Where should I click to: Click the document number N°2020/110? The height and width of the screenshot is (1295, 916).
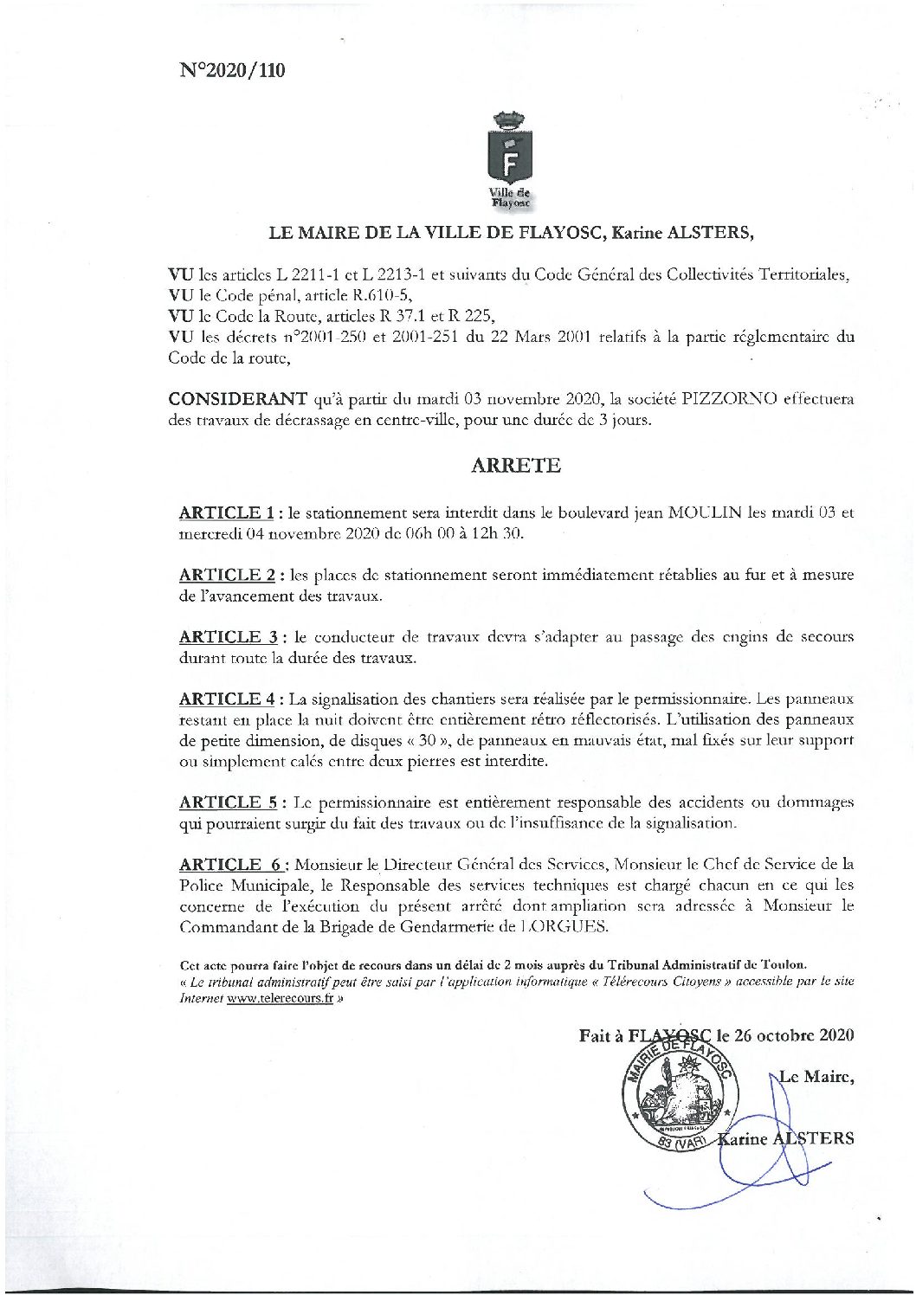232,71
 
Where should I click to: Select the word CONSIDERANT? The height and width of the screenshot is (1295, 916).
236,399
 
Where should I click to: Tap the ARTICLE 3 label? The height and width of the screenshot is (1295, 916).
229,636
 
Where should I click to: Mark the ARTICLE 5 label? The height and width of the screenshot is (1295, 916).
229,802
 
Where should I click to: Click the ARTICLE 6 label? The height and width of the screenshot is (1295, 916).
230,864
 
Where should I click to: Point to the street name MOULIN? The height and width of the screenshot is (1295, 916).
700,512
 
